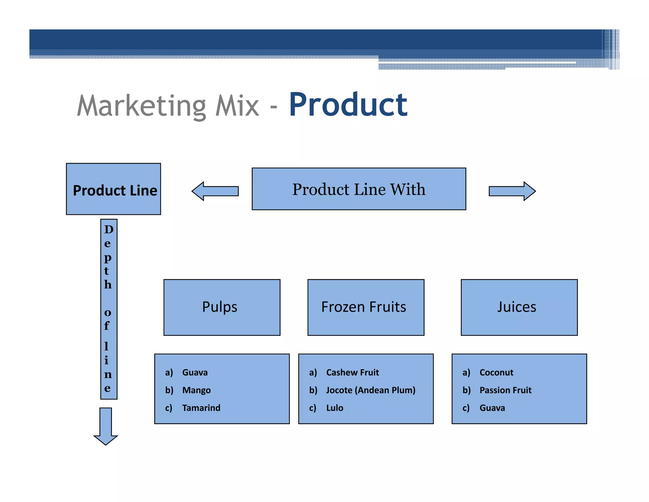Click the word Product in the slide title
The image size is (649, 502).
(348, 105)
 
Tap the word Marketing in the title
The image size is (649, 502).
(142, 106)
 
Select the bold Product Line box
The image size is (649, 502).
(113, 189)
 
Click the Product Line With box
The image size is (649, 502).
(359, 189)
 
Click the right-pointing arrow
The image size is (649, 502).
(512, 191)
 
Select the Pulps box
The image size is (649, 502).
(222, 307)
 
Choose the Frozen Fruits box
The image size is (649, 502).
(366, 307)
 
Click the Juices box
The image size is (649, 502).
(519, 307)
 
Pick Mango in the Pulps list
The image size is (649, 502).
(196, 390)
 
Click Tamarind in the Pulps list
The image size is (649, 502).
(201, 408)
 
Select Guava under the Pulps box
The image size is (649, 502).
(195, 372)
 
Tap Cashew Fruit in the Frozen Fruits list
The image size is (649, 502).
(352, 372)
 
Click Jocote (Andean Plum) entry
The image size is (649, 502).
(371, 390)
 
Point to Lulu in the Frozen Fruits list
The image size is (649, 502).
(335, 408)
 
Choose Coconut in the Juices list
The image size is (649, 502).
(496, 372)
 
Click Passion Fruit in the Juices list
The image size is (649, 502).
(505, 390)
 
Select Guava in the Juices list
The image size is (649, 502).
(492, 408)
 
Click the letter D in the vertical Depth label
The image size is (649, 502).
(109, 229)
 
